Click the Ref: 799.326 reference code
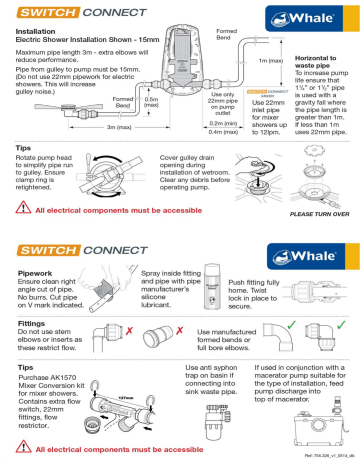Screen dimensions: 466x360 point(324,460)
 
